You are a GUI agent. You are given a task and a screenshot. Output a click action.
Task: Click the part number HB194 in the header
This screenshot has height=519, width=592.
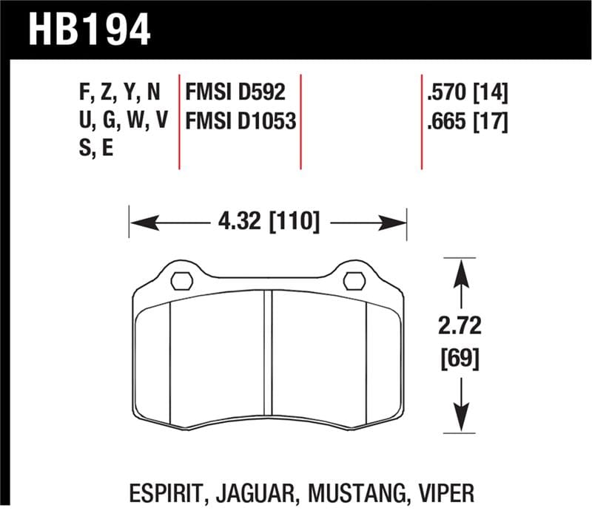point(90,29)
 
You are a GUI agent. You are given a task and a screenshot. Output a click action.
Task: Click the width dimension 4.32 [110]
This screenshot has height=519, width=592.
point(268,221)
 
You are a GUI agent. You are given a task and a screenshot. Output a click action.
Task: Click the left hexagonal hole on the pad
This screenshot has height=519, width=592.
point(181,281)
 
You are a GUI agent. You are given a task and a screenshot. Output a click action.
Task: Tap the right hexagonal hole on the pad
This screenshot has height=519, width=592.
point(354,281)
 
